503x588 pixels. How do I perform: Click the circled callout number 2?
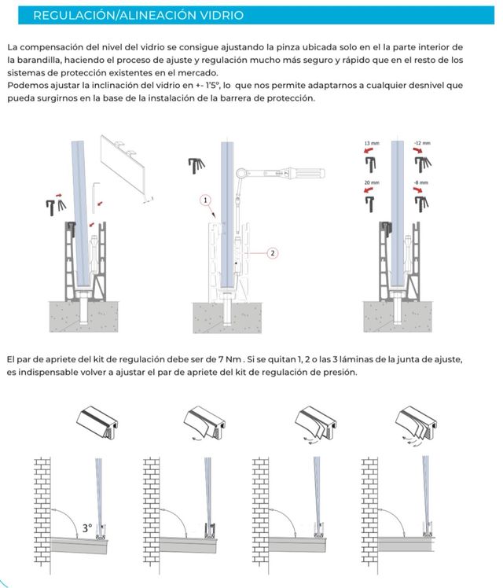click(272, 252)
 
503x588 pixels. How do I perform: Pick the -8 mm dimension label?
click(422, 182)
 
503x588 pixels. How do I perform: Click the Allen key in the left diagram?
click(97, 189)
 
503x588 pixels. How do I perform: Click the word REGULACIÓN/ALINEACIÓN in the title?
click(95, 15)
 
